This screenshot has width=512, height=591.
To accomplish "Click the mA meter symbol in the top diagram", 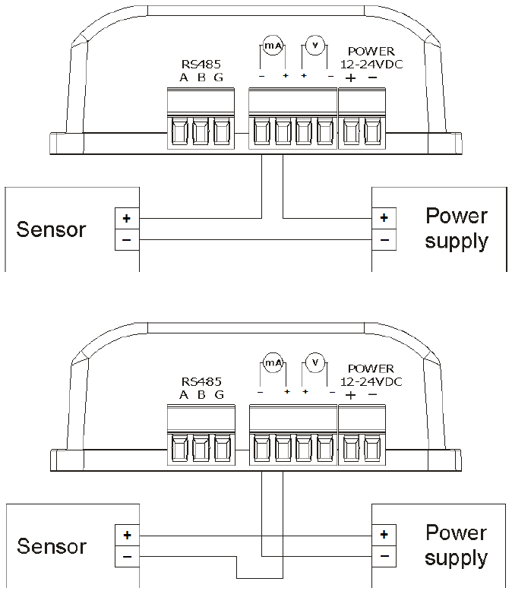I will pos(273,46).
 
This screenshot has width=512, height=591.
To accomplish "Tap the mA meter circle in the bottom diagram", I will pos(273,362).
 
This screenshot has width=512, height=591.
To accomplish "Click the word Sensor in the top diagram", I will pos(52,229).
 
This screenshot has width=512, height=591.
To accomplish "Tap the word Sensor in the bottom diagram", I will pos(52,546).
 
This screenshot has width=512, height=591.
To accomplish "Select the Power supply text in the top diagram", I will pos(456,229).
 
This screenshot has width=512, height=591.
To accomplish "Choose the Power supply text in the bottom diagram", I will pos(456,545).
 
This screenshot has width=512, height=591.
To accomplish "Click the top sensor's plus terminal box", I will pos(126,218).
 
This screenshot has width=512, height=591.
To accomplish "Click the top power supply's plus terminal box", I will pos(384,218).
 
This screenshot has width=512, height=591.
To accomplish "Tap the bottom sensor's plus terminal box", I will pos(126,535).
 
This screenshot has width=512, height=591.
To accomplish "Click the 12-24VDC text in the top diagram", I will pos(370,65).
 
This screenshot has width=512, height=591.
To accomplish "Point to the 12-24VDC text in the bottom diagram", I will pos(370,381).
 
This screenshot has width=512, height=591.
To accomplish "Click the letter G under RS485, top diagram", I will pos(220,77).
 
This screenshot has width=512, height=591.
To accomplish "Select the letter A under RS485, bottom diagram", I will pos(184,394).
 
